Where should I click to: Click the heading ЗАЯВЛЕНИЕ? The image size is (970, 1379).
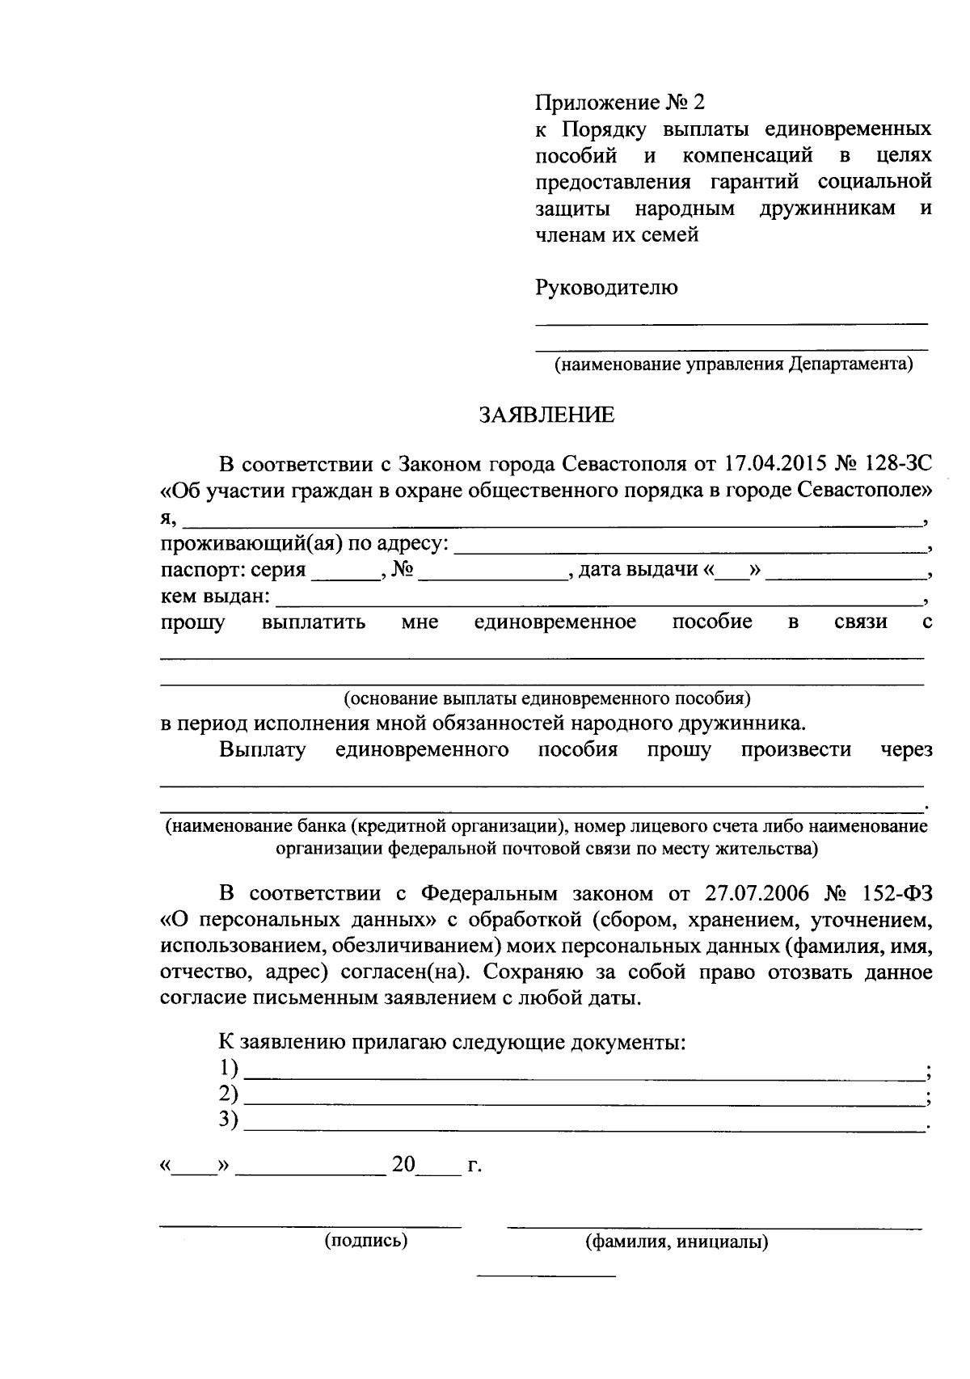pos(546,415)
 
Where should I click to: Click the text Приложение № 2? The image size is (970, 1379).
pos(620,103)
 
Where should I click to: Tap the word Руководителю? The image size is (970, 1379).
pos(606,287)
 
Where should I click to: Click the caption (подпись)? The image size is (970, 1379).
pos(366,1240)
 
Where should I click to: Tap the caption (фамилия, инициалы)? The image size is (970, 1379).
pos(677,1242)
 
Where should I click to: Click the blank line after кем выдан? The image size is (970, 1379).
pos(598,602)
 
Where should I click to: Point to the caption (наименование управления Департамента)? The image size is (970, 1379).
pos(732,364)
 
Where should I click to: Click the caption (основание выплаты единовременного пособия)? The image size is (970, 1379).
pos(547,698)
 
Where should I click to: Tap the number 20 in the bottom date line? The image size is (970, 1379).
pos(403,1165)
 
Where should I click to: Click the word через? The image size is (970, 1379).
pos(906,749)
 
